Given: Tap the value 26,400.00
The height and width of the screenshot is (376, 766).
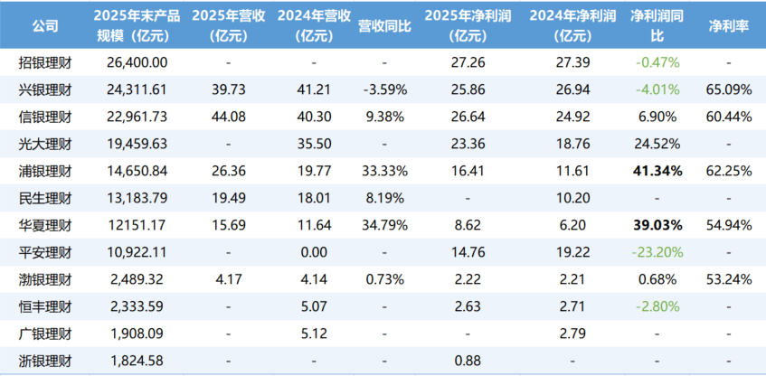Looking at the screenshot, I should [137, 62].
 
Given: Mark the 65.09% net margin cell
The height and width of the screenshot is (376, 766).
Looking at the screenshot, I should [727, 89].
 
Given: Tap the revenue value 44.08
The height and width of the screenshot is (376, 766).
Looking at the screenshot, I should [228, 117].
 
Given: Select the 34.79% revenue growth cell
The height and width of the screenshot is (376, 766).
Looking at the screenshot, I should [383, 225].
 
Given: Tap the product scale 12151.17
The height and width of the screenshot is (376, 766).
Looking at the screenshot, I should [137, 225].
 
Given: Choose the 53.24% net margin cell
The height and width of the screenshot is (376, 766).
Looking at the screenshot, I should [727, 279].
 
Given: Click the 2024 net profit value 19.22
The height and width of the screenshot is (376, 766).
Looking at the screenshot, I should [570, 252].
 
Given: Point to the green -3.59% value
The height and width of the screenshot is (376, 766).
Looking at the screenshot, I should [383, 89].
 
